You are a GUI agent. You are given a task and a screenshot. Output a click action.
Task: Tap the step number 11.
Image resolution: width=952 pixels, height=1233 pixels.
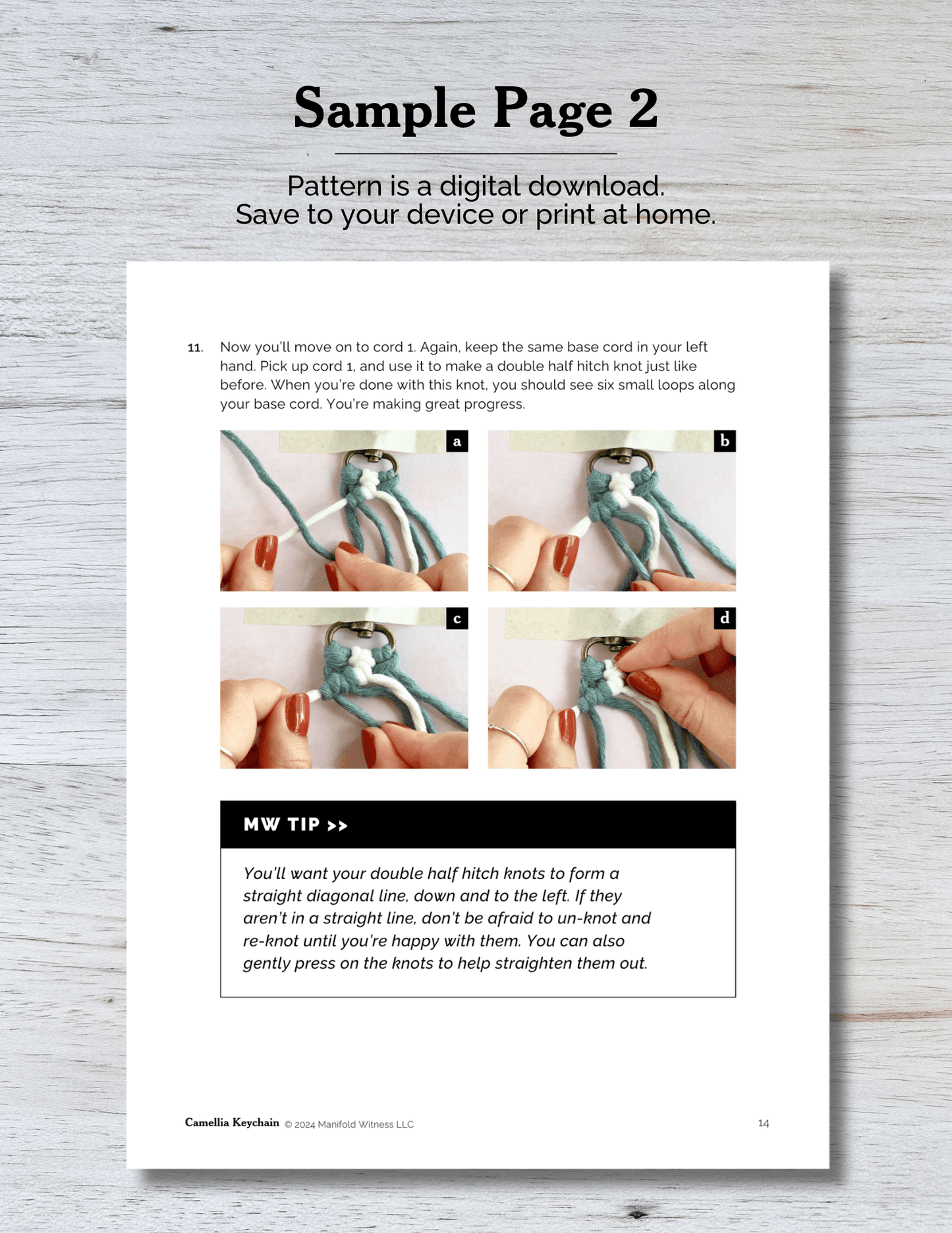tap(195, 348)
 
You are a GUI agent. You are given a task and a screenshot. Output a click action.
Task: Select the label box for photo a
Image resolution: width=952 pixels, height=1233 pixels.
tap(457, 441)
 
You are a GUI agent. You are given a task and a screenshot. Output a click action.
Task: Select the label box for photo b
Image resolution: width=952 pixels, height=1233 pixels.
tap(725, 441)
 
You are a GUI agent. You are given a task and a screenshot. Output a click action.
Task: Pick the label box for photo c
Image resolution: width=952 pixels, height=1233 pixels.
tap(457, 618)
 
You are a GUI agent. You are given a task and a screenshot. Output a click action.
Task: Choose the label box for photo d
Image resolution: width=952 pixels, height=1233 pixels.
tap(725, 618)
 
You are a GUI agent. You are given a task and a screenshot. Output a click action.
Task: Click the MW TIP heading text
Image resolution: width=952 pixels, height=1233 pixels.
tap(281, 824)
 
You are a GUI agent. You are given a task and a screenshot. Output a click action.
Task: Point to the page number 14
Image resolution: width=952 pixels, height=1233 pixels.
tap(764, 1123)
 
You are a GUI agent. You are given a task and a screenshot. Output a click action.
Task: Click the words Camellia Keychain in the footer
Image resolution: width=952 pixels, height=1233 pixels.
tap(232, 1122)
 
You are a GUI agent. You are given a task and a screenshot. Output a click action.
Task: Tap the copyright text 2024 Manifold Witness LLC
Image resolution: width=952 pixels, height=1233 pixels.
tap(354, 1124)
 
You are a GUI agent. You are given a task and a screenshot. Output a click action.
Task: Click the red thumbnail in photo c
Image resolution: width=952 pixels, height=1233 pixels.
tap(298, 714)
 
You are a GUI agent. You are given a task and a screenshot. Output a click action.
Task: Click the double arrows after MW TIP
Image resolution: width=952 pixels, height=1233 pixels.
tap(337, 826)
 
